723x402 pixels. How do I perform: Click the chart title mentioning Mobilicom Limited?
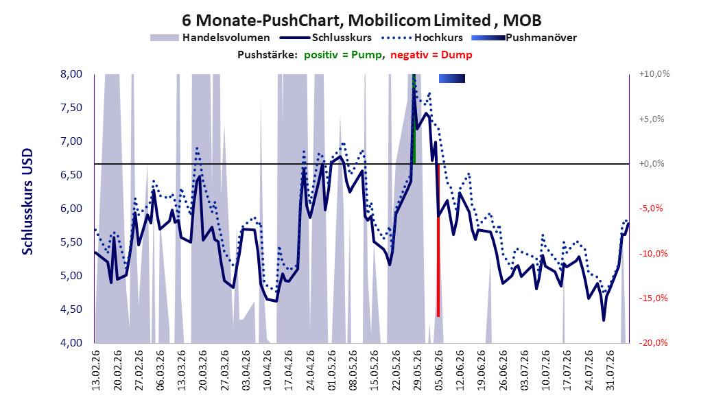(x=361, y=21)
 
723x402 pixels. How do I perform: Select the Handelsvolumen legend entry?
(x=211, y=38)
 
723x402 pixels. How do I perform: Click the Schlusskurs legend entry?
(x=326, y=38)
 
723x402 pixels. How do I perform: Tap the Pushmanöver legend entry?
(x=524, y=38)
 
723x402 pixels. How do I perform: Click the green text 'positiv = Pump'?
(x=343, y=55)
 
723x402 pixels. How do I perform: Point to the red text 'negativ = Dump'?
(x=431, y=55)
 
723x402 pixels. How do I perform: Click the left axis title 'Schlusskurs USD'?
(x=27, y=202)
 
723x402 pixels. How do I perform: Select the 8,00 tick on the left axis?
(x=71, y=74)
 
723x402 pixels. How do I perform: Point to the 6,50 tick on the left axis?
(x=71, y=175)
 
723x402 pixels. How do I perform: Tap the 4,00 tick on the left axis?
(x=71, y=342)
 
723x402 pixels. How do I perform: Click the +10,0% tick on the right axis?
(x=654, y=74)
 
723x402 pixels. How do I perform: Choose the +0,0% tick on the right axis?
(x=652, y=164)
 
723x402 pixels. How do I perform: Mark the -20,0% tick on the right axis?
(x=653, y=342)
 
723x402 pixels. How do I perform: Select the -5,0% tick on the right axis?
(x=652, y=209)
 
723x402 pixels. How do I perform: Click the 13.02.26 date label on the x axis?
(x=96, y=370)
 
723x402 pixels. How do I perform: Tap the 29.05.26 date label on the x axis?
(x=417, y=370)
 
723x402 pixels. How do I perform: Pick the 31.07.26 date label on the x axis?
(x=610, y=370)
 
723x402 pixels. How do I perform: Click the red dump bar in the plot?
(x=438, y=240)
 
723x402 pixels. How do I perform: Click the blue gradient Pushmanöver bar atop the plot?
(x=452, y=79)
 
